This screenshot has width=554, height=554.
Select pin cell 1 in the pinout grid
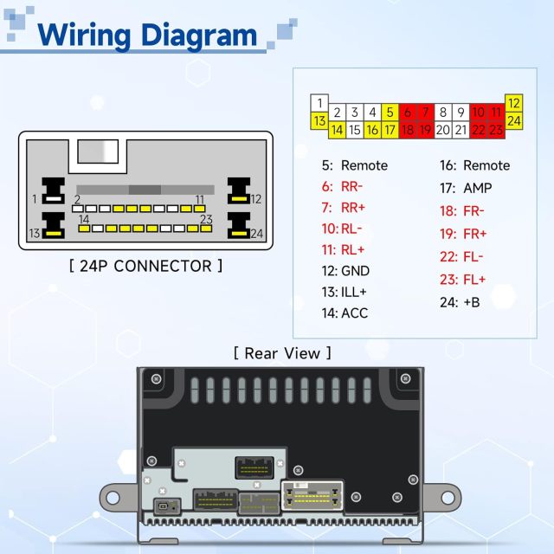click(x=319, y=103)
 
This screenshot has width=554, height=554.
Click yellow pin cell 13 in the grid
click(x=319, y=120)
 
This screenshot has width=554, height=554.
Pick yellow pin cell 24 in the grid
click(x=513, y=120)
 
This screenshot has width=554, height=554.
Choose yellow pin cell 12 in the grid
click(x=513, y=103)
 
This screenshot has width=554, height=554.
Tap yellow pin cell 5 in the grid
click(x=390, y=112)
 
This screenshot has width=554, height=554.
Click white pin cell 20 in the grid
click(x=442, y=130)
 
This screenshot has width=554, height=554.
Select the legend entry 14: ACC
click(x=343, y=312)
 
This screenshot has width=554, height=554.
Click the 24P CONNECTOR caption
click(x=145, y=266)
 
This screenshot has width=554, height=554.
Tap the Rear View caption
click(x=282, y=352)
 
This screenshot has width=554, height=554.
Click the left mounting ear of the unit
click(x=111, y=496)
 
